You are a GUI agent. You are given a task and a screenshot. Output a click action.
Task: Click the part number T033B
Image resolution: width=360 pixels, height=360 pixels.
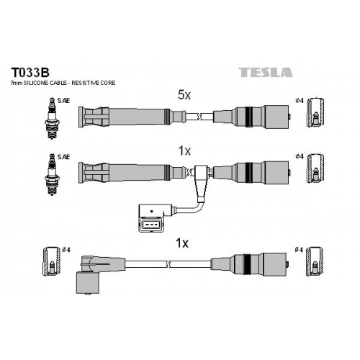(30, 72)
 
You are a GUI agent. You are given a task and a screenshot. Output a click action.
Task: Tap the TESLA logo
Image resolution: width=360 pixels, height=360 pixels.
(266, 73)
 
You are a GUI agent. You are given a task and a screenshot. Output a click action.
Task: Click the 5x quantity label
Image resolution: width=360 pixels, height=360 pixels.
(184, 95)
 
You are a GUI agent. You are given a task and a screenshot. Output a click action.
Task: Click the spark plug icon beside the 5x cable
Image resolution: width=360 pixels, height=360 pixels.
(52, 118)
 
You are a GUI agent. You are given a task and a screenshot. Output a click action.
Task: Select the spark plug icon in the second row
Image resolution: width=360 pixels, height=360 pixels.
(52, 174)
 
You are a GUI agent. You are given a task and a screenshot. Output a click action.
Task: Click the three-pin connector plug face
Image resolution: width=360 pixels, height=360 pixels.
(150, 225)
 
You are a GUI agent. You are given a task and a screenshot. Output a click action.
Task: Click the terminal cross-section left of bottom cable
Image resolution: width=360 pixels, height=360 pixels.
(51, 261)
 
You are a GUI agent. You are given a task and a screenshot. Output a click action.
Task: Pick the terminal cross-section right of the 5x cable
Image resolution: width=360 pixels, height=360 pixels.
(316, 112)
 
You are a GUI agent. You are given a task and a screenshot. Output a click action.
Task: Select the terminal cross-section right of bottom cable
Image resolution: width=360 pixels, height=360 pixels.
(316, 261)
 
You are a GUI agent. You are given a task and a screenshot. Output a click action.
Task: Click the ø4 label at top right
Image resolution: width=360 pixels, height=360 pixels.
(300, 101)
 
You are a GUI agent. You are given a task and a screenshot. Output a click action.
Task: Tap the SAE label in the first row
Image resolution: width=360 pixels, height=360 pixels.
(63, 101)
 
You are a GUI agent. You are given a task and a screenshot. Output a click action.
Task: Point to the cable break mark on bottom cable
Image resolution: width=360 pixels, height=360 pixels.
(168, 264)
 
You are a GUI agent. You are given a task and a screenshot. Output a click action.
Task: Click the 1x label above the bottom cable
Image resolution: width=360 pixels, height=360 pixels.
(182, 243)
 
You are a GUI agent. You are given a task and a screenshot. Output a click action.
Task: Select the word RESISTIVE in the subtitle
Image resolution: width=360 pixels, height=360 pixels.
(86, 83)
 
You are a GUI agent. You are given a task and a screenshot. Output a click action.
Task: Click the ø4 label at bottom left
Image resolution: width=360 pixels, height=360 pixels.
(66, 250)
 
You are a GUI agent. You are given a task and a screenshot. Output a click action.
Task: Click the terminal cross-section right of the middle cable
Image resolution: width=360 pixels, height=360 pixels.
(316, 168)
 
